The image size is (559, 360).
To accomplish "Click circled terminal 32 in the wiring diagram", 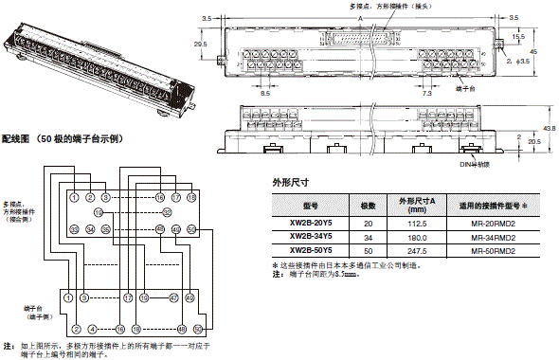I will pyautogui.click(x=168, y=213).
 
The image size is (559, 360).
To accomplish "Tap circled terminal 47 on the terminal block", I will pyautogui.click(x=173, y=297).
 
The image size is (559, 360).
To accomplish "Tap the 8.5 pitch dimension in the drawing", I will pyautogui.click(x=265, y=94).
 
